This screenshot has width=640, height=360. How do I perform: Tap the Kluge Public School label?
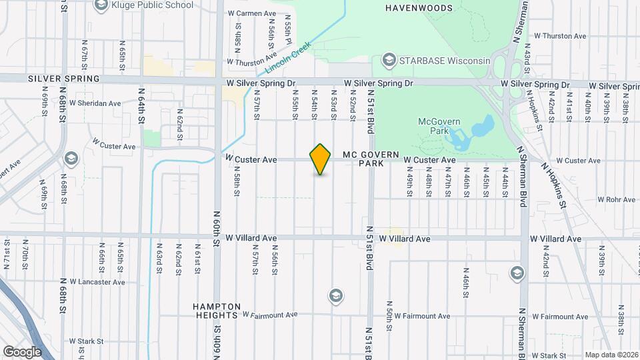tap(153, 5)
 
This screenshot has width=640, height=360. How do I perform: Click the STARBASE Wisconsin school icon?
tap(388, 61)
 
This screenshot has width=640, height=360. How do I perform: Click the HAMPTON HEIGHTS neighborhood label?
tap(215, 311)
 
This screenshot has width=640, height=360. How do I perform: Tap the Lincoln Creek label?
tap(289, 59)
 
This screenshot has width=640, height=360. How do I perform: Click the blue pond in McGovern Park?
tap(471, 133)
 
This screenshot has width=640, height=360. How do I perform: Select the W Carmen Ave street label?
tap(252, 13)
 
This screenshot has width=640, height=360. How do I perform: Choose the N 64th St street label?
tap(141, 105)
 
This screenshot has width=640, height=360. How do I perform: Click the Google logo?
tap(22, 351)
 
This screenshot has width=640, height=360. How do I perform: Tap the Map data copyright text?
tap(611, 355)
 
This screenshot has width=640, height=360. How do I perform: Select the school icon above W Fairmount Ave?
tap(336, 295)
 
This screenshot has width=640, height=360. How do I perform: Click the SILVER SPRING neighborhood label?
tap(63, 79)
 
